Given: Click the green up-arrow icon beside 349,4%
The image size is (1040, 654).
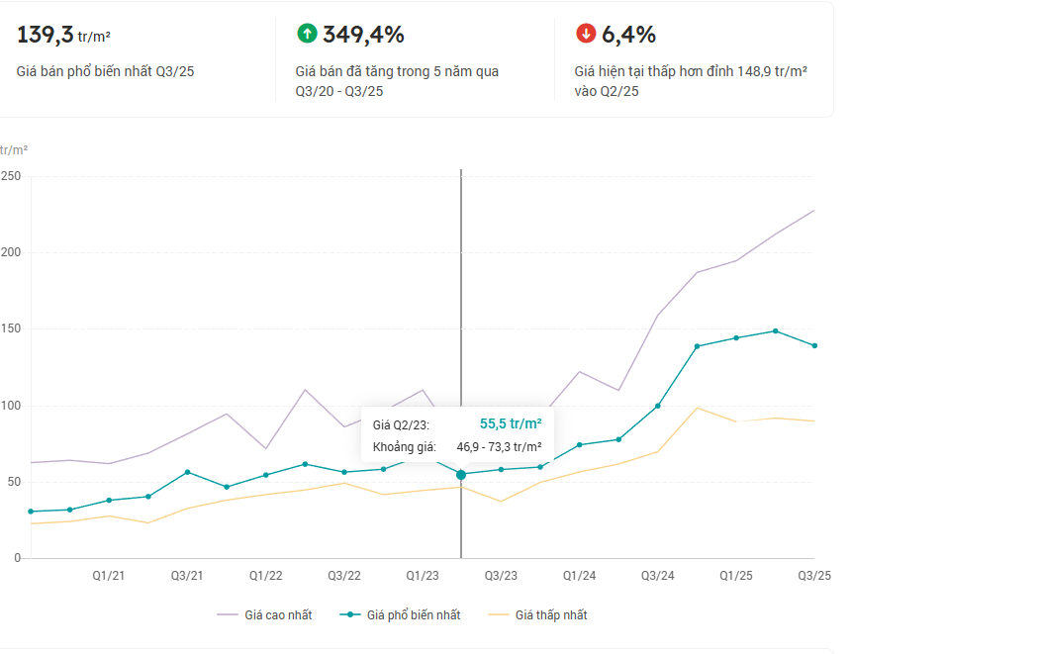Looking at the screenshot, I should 307,34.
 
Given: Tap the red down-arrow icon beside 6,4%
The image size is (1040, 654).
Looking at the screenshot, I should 586,34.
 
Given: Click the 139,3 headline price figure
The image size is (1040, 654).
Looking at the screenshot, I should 46,35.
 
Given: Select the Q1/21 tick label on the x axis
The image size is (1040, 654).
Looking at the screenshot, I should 109,576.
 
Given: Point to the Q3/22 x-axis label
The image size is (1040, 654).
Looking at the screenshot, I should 343,576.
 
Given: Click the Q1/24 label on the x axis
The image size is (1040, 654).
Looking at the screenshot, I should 579,576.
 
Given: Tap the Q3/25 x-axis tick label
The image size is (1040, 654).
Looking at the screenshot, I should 814,576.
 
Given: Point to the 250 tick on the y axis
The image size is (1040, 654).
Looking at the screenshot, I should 11,176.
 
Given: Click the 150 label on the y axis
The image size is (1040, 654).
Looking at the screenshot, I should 11,329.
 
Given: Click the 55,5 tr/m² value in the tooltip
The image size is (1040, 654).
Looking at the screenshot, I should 511,423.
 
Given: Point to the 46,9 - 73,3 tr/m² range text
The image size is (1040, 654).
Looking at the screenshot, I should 498,447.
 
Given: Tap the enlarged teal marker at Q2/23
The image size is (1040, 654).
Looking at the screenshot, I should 461,475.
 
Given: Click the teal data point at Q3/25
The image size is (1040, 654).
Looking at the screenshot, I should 814,345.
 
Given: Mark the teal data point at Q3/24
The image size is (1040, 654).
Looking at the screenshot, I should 657,406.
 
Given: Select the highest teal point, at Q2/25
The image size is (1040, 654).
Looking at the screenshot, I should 775,330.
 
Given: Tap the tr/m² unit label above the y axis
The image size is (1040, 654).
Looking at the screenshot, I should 14,150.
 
